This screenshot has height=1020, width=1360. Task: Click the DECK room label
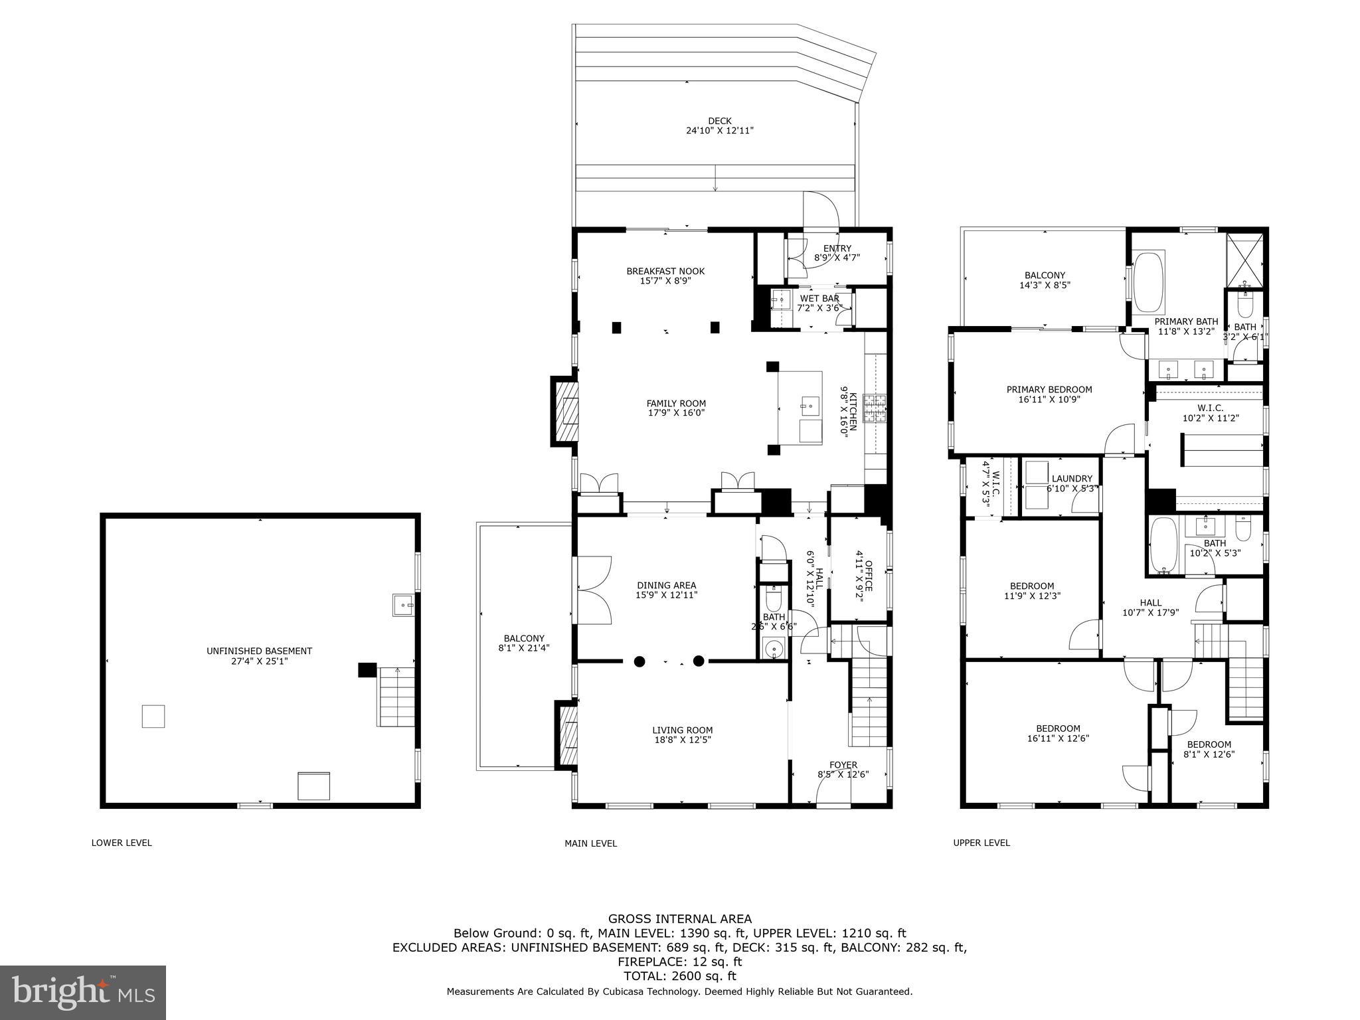(719, 121)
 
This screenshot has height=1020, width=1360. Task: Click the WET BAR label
(819, 299)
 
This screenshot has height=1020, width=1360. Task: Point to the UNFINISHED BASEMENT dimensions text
(259, 661)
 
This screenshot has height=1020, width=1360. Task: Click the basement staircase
(396, 697)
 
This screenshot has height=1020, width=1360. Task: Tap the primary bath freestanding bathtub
(1149, 282)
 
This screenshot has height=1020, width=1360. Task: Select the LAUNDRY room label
(1072, 479)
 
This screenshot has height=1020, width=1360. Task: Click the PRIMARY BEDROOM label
(1049, 390)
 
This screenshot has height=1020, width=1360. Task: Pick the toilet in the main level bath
(774, 600)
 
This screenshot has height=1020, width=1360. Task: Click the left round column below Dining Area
(639, 661)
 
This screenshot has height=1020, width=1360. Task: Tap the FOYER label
(843, 765)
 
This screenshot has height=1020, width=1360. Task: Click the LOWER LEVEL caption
(122, 843)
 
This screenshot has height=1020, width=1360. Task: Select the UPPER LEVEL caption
(981, 843)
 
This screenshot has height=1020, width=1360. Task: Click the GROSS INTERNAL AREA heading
(680, 919)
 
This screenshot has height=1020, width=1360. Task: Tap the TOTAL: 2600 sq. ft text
(680, 976)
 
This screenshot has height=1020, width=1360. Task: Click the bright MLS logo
(83, 993)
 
